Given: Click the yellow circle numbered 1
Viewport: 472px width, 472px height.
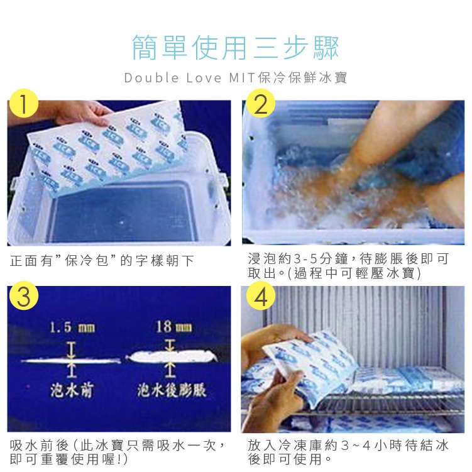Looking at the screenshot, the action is (x=24, y=104).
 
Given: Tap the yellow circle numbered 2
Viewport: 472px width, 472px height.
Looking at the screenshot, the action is (x=261, y=104).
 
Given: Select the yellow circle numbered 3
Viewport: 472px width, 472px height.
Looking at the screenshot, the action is (x=24, y=295).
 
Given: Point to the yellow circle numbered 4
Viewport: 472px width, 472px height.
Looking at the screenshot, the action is (x=261, y=295).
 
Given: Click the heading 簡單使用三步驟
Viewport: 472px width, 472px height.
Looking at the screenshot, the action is (x=236, y=48).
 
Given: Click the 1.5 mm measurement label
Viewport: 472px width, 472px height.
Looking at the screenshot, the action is (x=72, y=327).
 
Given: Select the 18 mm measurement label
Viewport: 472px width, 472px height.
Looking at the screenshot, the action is (x=173, y=327).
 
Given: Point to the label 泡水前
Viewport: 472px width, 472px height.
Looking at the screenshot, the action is (x=72, y=390).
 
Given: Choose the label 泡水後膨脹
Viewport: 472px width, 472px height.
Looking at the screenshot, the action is (x=172, y=390).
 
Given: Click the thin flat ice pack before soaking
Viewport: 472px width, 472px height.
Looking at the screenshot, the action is (x=71, y=360).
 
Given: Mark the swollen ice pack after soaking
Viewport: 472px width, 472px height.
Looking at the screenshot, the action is (x=172, y=357).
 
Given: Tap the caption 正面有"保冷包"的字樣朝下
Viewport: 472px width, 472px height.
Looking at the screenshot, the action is (x=102, y=261).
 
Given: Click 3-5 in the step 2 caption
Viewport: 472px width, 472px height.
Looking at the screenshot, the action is (x=305, y=259).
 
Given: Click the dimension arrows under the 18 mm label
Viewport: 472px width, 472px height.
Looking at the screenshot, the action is (x=170, y=358).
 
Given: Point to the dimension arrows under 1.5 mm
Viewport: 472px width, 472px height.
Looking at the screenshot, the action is (x=72, y=360).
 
